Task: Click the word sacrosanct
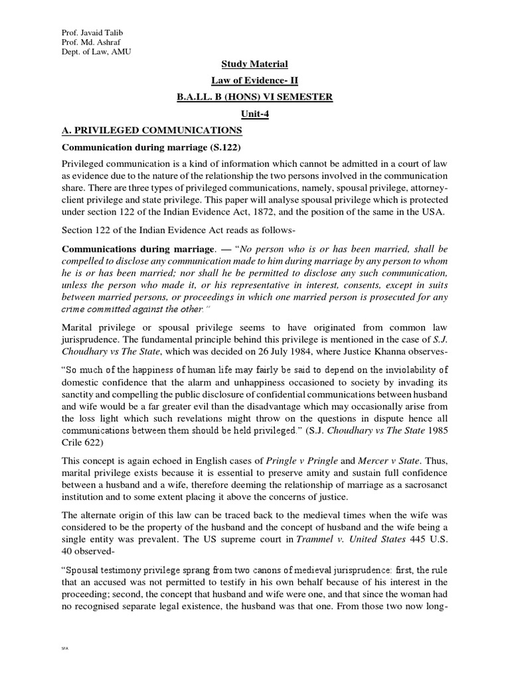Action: (x=424, y=489)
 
